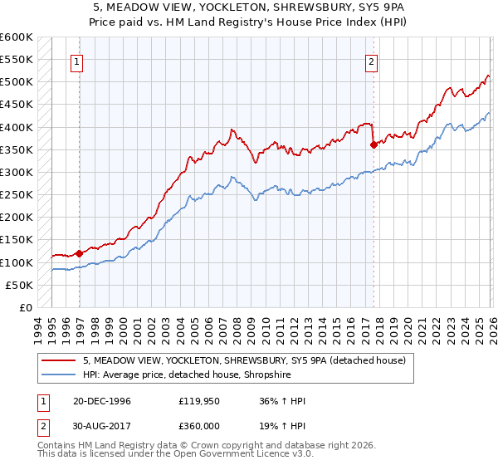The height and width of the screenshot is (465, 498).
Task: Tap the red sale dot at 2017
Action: tap(373, 144)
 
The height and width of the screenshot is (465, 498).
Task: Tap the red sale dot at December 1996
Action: tap(80, 253)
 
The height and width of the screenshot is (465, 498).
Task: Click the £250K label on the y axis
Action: tap(17, 195)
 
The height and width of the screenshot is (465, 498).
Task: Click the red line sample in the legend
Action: tap(59, 360)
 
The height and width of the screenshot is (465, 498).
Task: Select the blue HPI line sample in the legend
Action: tap(59, 374)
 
